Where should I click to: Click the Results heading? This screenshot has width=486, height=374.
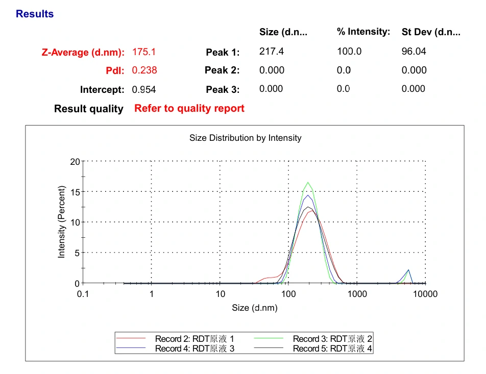[x=35, y=14]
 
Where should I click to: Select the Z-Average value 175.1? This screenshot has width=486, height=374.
[x=144, y=52]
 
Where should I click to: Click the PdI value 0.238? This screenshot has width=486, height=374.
[x=144, y=70]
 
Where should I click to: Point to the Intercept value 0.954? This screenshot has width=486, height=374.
[x=144, y=90]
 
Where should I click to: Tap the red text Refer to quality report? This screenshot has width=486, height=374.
[x=189, y=108]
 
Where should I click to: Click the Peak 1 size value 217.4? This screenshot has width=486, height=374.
[x=272, y=52]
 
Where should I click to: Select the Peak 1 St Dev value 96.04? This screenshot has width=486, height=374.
[x=414, y=52]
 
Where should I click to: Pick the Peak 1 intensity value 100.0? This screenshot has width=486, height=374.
[x=349, y=52]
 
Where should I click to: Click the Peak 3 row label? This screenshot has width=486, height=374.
[x=223, y=90]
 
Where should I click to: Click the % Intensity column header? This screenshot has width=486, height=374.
[x=363, y=32]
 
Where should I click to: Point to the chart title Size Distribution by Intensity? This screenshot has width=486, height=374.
[x=246, y=138]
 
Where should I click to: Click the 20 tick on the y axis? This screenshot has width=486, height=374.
[x=75, y=162]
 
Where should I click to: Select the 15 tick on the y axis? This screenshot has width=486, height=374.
[x=75, y=192]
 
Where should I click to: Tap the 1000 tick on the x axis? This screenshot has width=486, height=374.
[x=357, y=294]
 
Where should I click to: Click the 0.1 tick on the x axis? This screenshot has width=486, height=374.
[x=83, y=294]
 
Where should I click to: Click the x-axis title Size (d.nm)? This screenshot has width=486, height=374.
[x=255, y=308]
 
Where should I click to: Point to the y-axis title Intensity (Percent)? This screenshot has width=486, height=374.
[x=62, y=222]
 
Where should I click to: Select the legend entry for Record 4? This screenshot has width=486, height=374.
[x=195, y=349]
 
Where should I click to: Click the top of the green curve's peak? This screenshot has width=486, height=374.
[x=308, y=182]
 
